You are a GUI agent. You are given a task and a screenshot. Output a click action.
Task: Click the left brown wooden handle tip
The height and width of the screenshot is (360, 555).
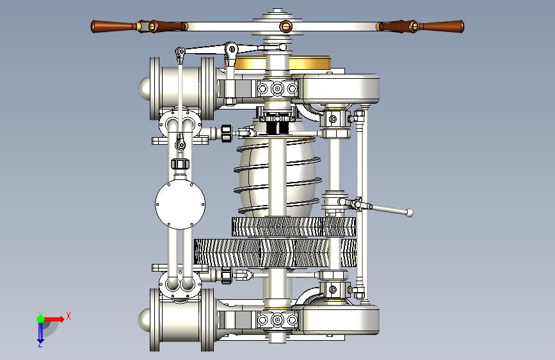point(93,26)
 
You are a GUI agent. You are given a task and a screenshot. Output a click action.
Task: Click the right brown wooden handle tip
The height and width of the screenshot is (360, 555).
point(462,26)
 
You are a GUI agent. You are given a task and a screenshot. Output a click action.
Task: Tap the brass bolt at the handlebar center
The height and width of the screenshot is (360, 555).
point(286,26)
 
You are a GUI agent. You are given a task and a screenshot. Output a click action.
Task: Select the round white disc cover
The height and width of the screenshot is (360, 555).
point(180,204)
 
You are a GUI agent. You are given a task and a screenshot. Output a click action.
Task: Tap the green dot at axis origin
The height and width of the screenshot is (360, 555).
point(40,319)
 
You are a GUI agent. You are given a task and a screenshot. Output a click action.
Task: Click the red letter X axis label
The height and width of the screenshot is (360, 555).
point(68,316)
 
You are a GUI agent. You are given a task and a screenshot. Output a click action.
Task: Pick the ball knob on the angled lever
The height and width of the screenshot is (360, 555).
point(410,213)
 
